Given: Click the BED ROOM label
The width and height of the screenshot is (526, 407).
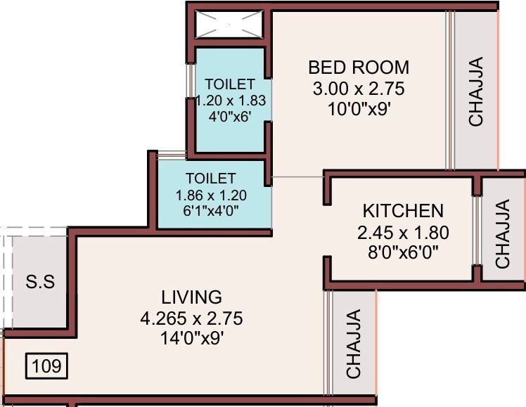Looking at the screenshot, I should point(359,67).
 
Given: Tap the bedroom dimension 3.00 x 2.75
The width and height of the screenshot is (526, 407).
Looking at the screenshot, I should point(359,89).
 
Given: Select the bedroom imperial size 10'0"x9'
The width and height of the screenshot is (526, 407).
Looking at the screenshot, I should point(359,110).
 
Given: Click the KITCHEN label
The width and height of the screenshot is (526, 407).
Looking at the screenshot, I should point(403,211).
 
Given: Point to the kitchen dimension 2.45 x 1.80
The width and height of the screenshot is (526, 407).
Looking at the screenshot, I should point(403,233).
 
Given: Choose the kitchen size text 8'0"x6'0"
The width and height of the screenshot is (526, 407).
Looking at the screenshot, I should point(403,253).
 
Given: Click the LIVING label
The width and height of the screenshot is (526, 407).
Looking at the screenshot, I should point(191,297).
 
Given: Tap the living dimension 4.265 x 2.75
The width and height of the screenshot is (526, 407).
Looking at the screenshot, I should point(191,318).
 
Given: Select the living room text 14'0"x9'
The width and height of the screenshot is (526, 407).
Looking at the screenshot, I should point(191,339).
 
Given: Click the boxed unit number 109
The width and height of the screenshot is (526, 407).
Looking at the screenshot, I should point(47,366).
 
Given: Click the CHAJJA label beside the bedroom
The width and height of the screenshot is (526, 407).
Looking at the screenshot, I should point(476,91).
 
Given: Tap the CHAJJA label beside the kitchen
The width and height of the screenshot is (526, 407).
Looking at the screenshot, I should point(502,234).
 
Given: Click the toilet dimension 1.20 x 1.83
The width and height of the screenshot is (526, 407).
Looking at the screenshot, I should point(229,100).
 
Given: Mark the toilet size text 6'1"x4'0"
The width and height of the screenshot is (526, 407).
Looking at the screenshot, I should point(212,209).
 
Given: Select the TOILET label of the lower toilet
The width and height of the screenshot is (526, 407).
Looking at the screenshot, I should point(211,178).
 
